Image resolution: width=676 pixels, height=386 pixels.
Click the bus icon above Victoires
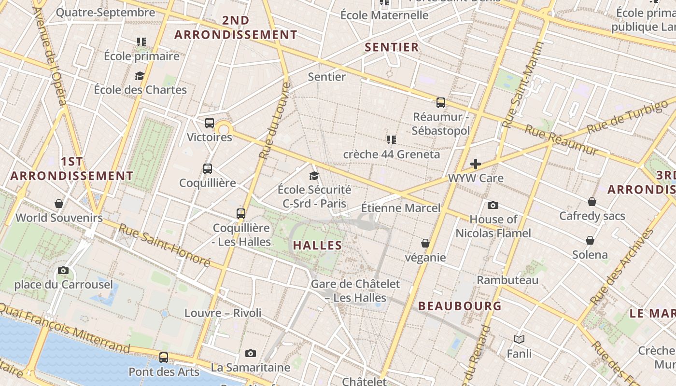tap(209, 123)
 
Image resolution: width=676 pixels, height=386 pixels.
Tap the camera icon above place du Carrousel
tap(63, 270)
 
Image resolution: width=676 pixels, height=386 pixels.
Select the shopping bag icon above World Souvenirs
tap(59, 204)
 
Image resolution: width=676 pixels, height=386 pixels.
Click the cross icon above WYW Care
tap(476, 164)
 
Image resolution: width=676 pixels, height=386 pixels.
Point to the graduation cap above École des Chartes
tap(140, 76)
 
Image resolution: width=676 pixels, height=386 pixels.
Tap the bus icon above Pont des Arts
tap(164, 358)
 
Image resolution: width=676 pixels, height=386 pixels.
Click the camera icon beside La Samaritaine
tap(250, 353)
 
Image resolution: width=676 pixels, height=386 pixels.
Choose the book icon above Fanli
tap(519, 339)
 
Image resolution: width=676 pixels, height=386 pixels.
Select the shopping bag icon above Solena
tap(590, 240)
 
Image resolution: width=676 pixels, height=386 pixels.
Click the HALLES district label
tap(317, 245)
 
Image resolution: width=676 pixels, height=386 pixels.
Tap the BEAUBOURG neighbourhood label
tap(460, 306)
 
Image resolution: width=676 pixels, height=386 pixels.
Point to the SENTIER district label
tap(392, 47)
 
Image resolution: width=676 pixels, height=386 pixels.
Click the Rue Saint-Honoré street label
tap(164, 245)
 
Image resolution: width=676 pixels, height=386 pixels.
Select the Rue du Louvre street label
tap(274, 121)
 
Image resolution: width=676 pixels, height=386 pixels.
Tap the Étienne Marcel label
tap(401, 208)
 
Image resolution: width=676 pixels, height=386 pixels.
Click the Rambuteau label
tap(507, 280)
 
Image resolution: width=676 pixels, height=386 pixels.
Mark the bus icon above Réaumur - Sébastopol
tap(440, 102)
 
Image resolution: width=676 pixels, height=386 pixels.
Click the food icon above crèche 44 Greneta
tap(391, 140)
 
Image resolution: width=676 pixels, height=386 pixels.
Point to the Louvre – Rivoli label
tap(223, 313)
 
